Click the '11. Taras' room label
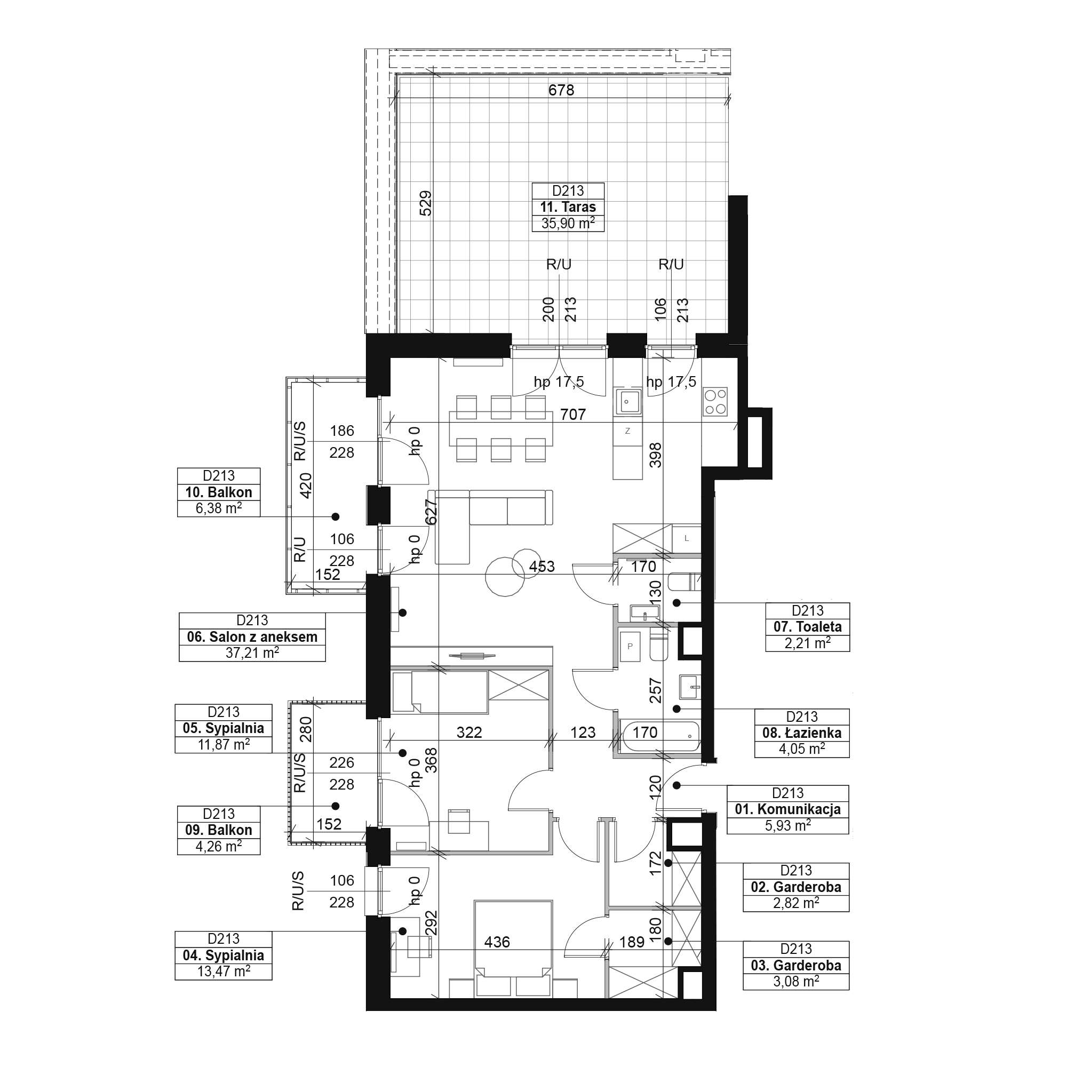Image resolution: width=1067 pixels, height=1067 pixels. click(x=568, y=207)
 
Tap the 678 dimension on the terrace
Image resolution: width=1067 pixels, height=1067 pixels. click(x=561, y=90)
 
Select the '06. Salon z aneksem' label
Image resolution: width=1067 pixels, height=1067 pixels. click(x=252, y=637)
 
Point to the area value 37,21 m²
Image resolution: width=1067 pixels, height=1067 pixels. click(x=252, y=653)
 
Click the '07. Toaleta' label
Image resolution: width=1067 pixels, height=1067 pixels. click(x=807, y=627)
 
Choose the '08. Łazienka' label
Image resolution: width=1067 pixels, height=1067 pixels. click(x=802, y=733)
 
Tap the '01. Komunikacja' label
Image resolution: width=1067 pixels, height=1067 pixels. click(x=787, y=809)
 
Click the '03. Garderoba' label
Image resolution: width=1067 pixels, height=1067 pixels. click(x=796, y=966)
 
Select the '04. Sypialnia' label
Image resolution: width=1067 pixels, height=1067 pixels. click(x=224, y=955)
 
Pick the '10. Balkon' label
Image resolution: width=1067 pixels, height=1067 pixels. click(x=219, y=492)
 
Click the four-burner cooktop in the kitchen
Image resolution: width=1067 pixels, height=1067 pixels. click(x=715, y=402)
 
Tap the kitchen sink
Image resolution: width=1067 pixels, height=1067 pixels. click(x=627, y=401)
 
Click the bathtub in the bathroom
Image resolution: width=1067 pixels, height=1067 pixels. click(x=659, y=737)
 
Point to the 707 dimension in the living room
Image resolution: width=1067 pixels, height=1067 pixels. click(x=572, y=414)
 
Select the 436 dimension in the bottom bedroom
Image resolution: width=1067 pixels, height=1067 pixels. click(x=497, y=942)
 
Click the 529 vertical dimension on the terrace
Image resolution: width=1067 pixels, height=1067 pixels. click(x=426, y=203)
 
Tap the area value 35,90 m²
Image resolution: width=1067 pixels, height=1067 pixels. click(x=568, y=223)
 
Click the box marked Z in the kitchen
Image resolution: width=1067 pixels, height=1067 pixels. click(x=627, y=431)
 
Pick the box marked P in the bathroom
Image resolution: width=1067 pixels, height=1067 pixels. click(x=630, y=646)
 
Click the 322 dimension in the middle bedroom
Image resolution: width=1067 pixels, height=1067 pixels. click(x=469, y=732)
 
